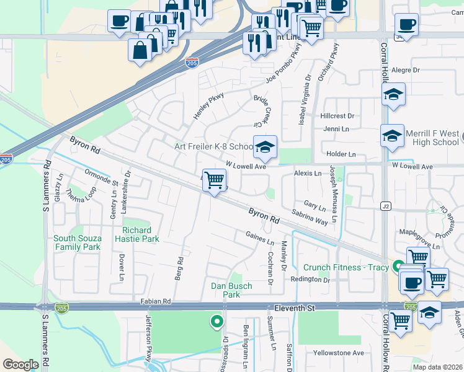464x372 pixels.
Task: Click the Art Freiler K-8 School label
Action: click(x=213, y=147)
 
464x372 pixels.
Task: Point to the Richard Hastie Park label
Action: click(x=141, y=234)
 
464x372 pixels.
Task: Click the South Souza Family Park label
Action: click(x=77, y=242)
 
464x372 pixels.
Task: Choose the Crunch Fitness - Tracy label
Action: click(x=346, y=268)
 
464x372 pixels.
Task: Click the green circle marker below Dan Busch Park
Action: click(x=216, y=321)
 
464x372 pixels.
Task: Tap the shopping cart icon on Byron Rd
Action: click(x=214, y=180)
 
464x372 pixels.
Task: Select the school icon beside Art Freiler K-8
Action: click(x=265, y=148)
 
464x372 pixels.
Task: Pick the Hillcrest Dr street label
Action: click(x=337, y=116)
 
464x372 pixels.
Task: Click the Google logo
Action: click(x=20, y=365)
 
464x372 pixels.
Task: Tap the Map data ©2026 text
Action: click(x=437, y=367)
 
